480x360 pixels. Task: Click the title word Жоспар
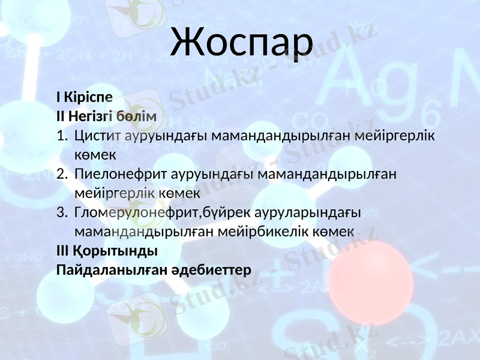[241, 41]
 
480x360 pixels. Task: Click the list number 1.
[62, 136]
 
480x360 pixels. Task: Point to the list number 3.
[62, 213]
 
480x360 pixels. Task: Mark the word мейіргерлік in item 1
[394, 136]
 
